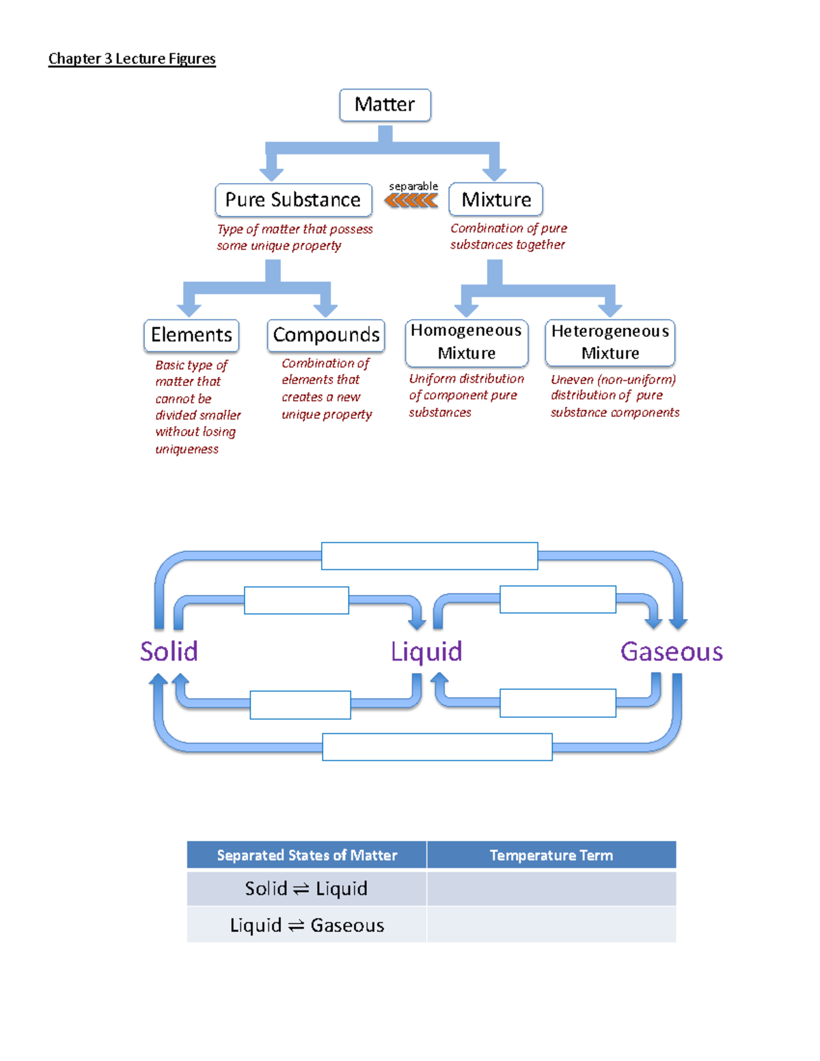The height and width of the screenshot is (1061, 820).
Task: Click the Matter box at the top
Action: point(385,105)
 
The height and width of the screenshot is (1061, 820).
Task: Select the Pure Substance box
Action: point(293,199)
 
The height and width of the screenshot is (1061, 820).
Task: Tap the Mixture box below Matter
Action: point(495,199)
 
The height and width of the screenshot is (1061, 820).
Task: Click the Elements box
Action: point(191,335)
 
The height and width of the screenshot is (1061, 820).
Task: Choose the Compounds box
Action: point(326,335)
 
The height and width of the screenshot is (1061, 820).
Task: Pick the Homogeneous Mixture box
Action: point(466,342)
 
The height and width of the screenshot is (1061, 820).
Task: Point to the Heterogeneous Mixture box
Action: point(610,342)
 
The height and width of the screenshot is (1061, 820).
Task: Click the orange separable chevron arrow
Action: point(411,200)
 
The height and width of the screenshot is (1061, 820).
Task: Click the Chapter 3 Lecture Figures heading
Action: point(132,59)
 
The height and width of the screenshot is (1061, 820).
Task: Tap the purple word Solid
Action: point(169,651)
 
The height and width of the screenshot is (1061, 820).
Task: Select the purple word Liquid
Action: point(426,651)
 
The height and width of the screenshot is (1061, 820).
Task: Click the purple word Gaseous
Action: point(671,651)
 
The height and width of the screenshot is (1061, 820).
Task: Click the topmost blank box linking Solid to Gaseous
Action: point(429,555)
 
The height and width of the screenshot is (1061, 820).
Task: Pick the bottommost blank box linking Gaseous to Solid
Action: point(437,747)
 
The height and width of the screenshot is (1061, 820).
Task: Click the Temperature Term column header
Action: point(551,855)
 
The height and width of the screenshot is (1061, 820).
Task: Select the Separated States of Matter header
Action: point(307,855)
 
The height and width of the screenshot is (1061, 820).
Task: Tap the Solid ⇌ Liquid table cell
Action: point(307,888)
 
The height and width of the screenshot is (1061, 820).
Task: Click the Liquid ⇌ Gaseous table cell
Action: point(307,925)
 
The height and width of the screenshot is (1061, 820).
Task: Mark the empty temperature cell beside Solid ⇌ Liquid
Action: point(551,888)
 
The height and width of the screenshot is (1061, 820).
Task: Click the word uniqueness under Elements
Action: point(187,449)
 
